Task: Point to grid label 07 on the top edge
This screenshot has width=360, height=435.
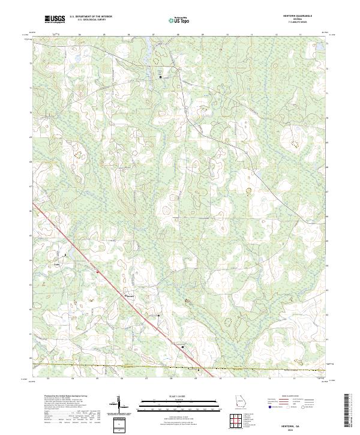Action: pyautogui.click(x=154, y=35)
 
